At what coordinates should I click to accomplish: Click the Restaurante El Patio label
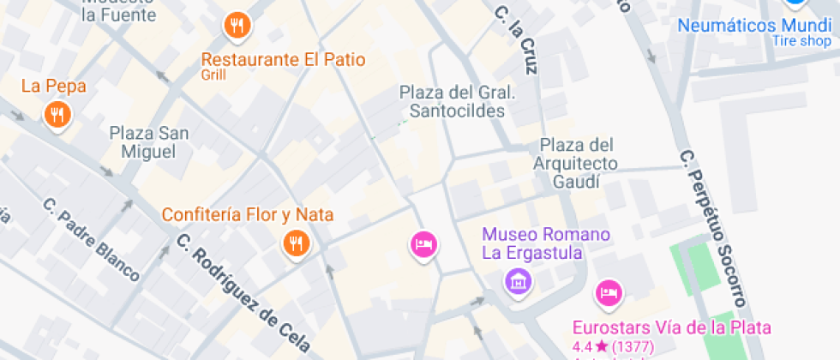(283, 60)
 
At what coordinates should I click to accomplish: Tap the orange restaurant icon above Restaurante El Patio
(237, 27)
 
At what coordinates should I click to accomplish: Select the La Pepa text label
(53, 86)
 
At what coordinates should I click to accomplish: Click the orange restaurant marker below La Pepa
(57, 114)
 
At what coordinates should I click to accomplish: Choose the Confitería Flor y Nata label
(248, 214)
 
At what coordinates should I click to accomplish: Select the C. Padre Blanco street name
(92, 239)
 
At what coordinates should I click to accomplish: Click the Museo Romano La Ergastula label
(545, 243)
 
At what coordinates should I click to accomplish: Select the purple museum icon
(518, 279)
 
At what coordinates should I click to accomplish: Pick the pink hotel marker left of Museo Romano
(423, 246)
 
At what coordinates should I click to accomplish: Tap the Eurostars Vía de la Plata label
(672, 327)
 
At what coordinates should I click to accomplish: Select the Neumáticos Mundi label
(754, 25)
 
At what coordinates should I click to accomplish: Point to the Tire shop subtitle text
(801, 41)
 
